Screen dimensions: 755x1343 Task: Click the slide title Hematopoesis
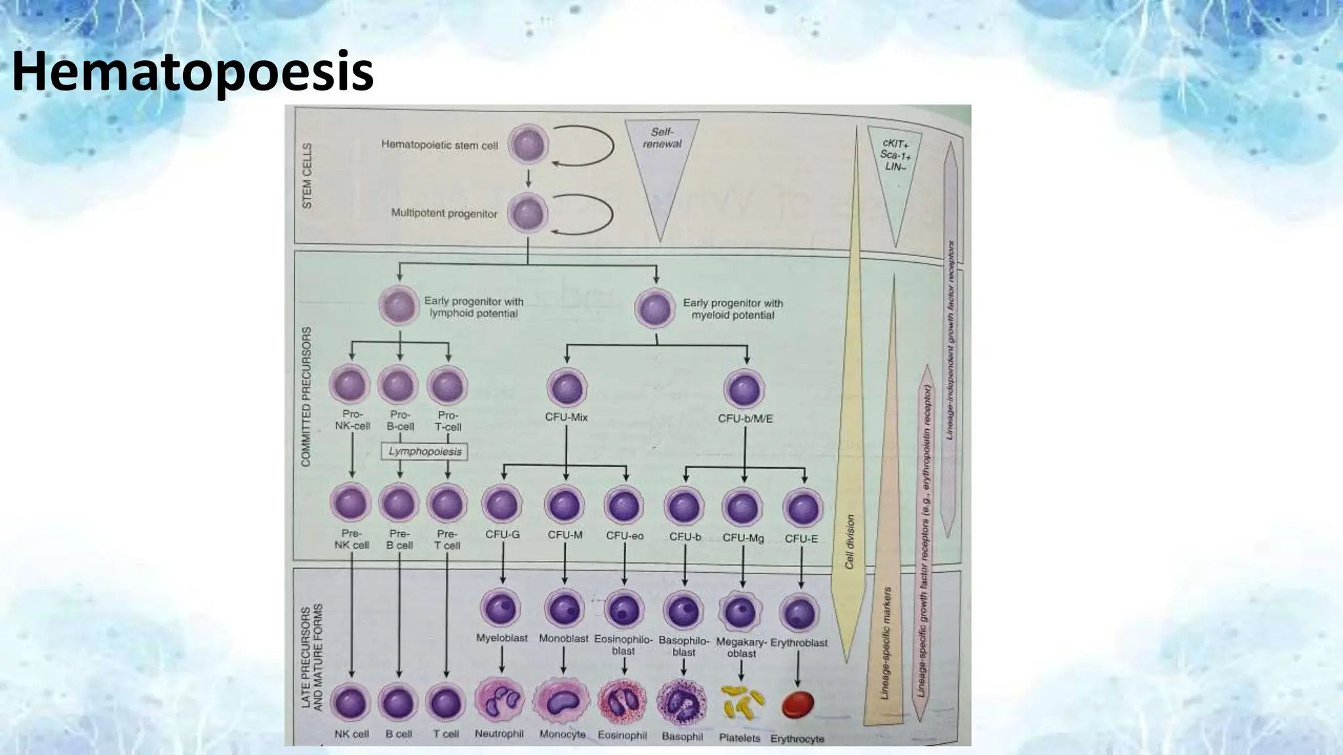pyautogui.click(x=193, y=71)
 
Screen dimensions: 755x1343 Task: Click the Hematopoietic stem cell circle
pyautogui.click(x=529, y=145)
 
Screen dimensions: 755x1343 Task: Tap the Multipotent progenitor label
pyautogui.click(x=444, y=214)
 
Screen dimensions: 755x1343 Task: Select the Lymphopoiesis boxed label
pyautogui.click(x=424, y=452)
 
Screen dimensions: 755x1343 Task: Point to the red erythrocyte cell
pyautogui.click(x=798, y=705)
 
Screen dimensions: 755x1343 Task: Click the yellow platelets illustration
pyautogui.click(x=741, y=703)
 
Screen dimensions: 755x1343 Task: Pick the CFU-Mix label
pyautogui.click(x=566, y=417)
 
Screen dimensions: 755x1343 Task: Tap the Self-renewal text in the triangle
pyautogui.click(x=662, y=138)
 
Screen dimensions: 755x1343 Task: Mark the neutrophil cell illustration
pyautogui.click(x=500, y=701)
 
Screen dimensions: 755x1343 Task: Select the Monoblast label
pyautogui.click(x=563, y=638)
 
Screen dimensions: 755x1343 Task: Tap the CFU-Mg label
pyautogui.click(x=743, y=537)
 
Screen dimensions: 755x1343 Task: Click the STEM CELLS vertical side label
pyautogui.click(x=307, y=176)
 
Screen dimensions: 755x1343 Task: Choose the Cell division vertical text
pyautogui.click(x=849, y=541)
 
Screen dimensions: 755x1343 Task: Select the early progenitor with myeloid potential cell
pyautogui.click(x=654, y=308)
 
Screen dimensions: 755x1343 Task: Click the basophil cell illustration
pyautogui.click(x=682, y=703)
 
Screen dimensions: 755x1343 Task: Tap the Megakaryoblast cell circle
pyautogui.click(x=741, y=611)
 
